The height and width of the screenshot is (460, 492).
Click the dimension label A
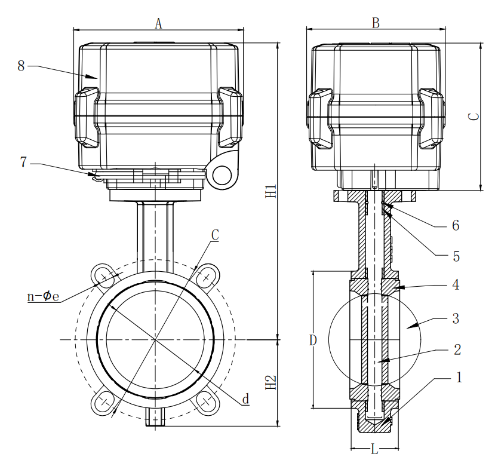pyautogui.click(x=158, y=23)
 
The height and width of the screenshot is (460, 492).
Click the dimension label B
pyautogui.click(x=376, y=23)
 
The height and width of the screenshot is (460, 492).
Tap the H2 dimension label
pyautogui.click(x=272, y=382)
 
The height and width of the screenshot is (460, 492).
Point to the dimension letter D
pyautogui.click(x=312, y=341)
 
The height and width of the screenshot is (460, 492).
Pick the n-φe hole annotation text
pyautogui.click(x=44, y=296)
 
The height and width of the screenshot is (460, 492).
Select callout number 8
pyautogui.click(x=21, y=66)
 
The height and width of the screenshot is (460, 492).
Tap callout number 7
pyautogui.click(x=23, y=162)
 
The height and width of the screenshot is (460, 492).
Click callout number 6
pyautogui.click(x=455, y=226)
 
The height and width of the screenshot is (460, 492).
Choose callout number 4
pyautogui.click(x=455, y=284)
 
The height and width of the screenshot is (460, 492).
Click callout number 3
pyautogui.click(x=455, y=318)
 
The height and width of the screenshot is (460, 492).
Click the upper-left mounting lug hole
pyautogui.click(x=106, y=277)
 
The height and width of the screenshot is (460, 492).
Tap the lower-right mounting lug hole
pyautogui.click(x=206, y=401)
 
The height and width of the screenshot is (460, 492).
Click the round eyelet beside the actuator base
pyautogui.click(x=222, y=174)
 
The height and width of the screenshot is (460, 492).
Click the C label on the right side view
pyautogui.click(x=472, y=117)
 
